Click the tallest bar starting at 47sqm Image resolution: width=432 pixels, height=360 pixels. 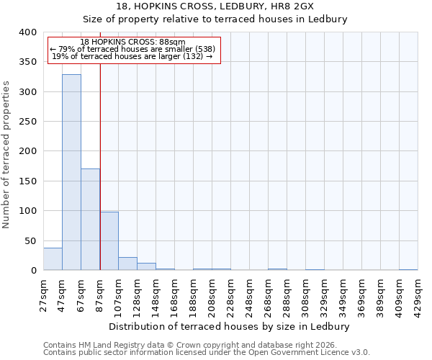coord(71,173)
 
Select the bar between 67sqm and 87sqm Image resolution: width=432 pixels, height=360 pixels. coord(90,220)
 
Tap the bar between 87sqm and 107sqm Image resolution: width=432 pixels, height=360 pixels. coord(109,241)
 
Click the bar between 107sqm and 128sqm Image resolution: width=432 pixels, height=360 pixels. coord(127,264)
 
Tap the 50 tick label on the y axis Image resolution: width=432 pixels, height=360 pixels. coord(30,240)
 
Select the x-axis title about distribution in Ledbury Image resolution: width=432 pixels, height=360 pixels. coord(230,326)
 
